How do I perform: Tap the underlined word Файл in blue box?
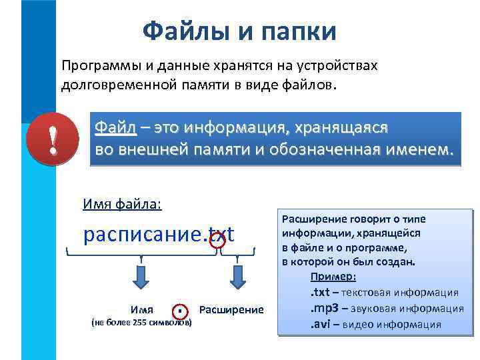(x=115, y=127)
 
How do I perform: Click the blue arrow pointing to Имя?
(x=141, y=275)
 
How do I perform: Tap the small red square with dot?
(x=181, y=311)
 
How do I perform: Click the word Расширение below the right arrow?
(x=231, y=309)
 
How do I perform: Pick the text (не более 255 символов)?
(x=140, y=323)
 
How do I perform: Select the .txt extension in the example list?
(x=321, y=293)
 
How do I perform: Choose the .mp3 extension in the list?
(x=325, y=309)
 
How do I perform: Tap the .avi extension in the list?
(x=321, y=325)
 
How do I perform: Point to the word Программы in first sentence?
(x=96, y=66)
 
